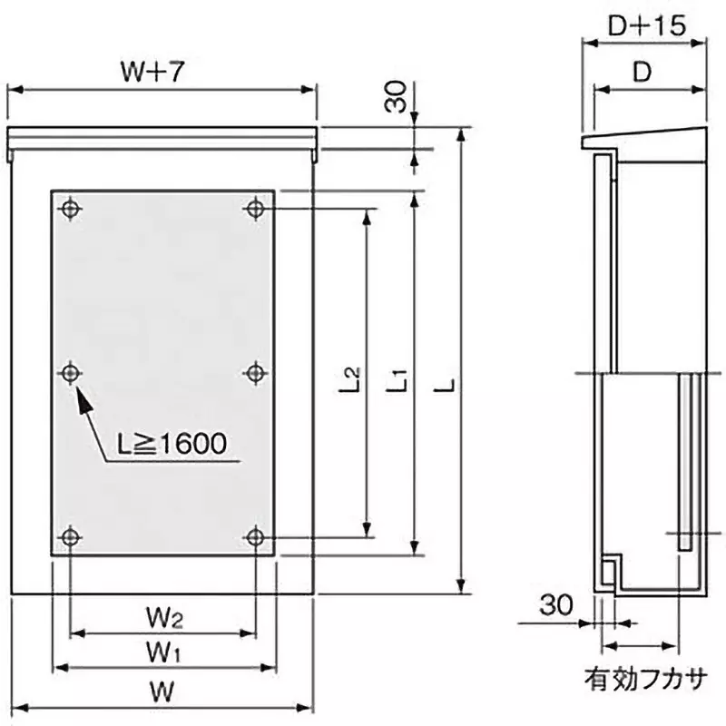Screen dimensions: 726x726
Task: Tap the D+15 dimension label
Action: (644, 26)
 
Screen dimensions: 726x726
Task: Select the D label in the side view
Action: (643, 74)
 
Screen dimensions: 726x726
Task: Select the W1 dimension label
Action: (163, 651)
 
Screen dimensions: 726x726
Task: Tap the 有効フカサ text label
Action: (644, 677)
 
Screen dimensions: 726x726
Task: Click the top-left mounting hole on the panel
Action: (71, 210)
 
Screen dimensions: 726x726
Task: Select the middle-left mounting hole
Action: (71, 372)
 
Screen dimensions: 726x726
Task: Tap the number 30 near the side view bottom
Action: (557, 604)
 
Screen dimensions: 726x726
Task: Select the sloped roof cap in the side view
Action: (644, 140)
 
